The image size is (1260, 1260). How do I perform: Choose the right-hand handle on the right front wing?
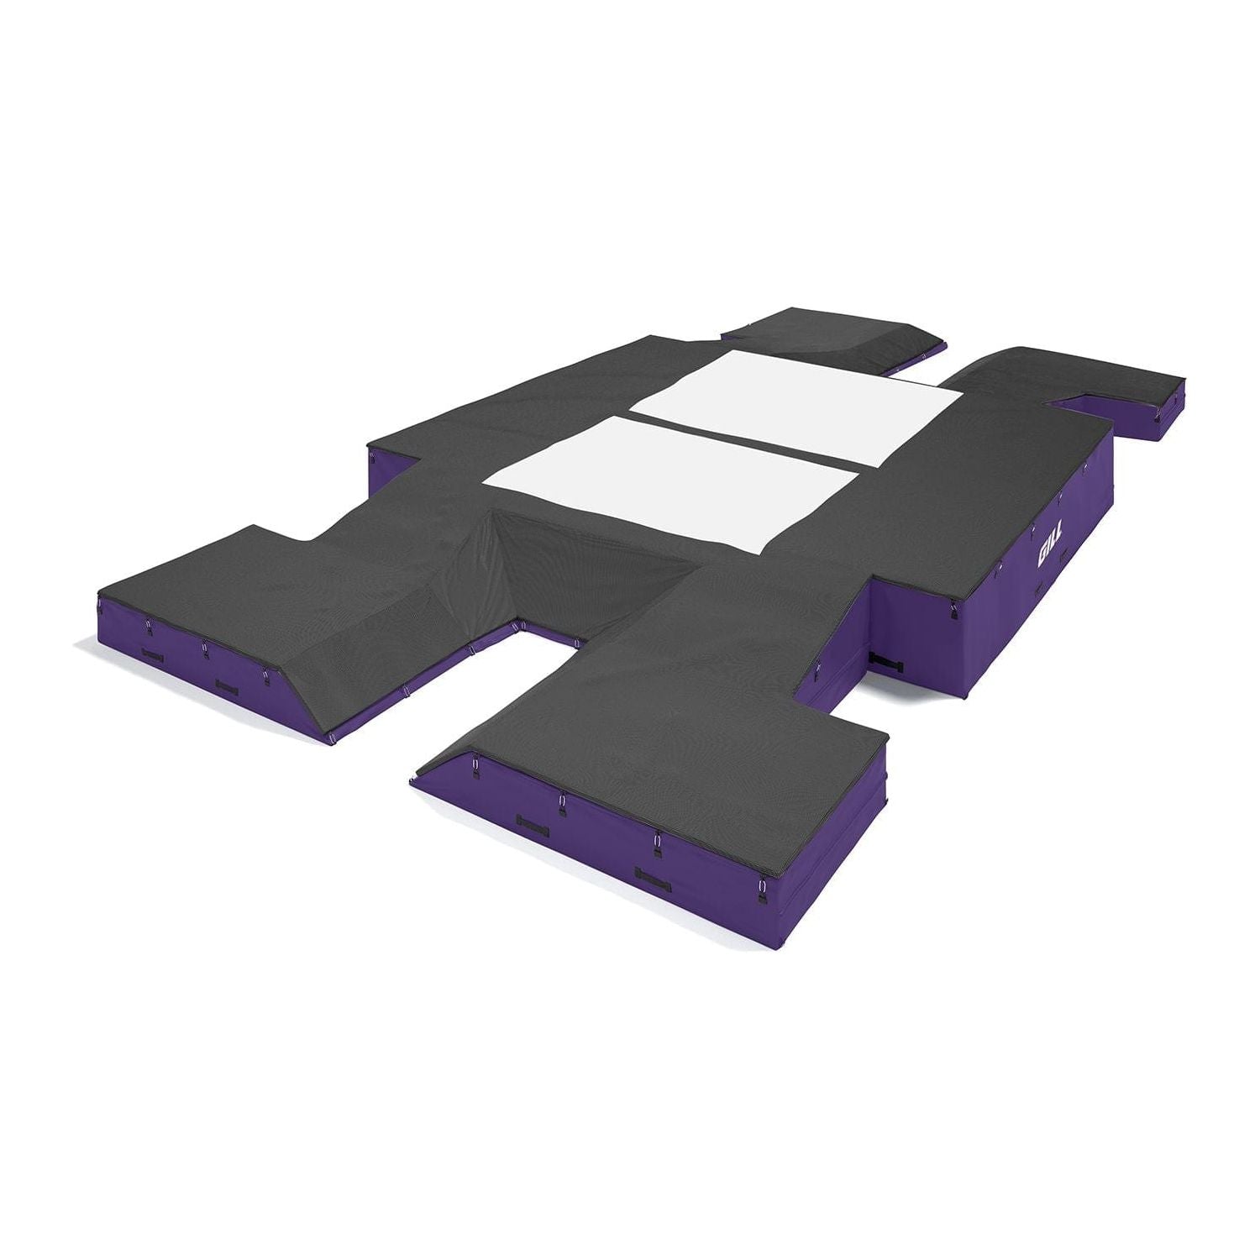point(654,876)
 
